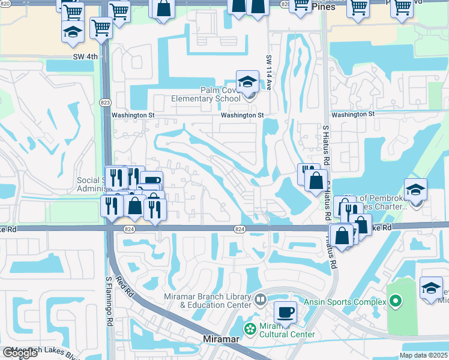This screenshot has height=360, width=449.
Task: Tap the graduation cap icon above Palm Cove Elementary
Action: pos(247,82)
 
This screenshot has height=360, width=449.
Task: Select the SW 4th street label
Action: pos(83,57)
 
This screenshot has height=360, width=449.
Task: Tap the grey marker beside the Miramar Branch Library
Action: pos(260,299)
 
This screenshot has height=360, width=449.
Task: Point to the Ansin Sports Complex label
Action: pos(345,302)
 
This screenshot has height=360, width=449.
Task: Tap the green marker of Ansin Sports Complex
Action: pos(394,301)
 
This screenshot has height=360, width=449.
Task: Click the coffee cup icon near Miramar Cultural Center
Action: pos(286,312)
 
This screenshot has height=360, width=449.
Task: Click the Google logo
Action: pos(20,353)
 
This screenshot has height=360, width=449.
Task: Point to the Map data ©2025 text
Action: pos(424,355)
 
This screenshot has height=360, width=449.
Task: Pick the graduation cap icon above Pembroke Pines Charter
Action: pos(415,190)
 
